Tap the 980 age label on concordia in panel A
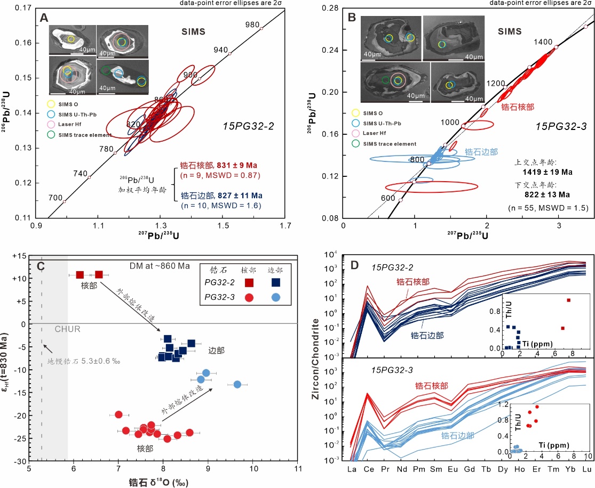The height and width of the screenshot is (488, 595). click(252, 25)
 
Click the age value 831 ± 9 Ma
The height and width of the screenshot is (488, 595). click(237, 166)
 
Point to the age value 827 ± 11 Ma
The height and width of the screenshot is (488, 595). click(237, 196)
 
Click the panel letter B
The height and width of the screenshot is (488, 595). click(351, 18)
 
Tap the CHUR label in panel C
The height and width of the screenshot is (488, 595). click(67, 329)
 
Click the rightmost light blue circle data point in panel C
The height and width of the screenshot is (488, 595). click(238, 384)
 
